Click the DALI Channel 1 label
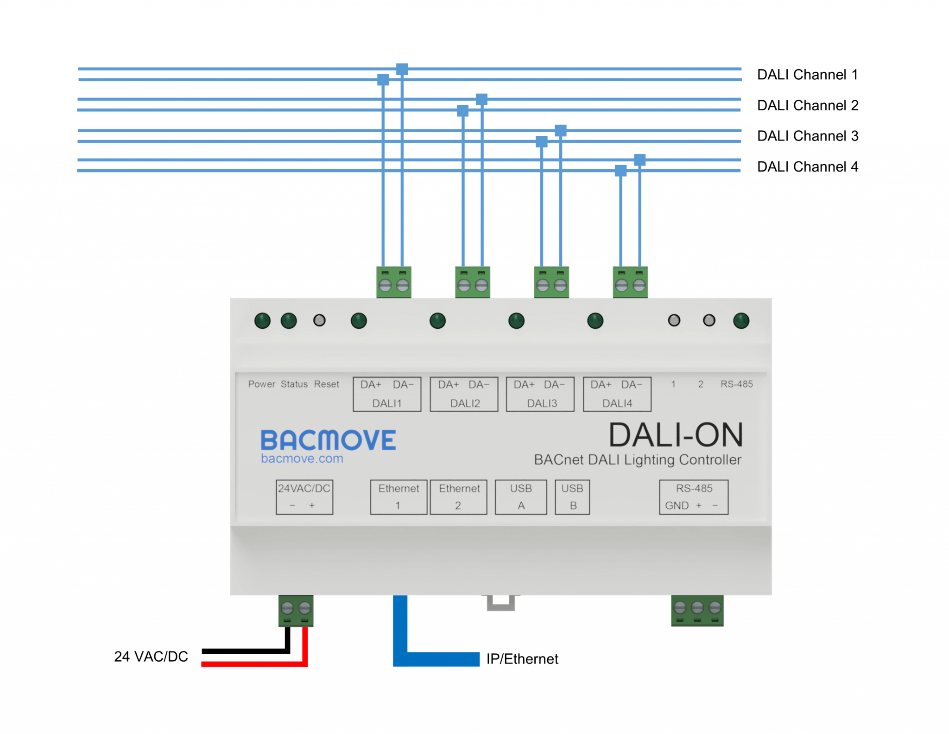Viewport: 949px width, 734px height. [807, 75]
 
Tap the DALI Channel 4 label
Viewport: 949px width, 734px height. [807, 166]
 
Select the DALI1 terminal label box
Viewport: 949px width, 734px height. [387, 394]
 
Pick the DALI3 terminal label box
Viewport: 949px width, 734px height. [540, 394]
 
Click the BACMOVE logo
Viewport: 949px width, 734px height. [328, 440]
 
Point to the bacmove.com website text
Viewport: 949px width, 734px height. [302, 459]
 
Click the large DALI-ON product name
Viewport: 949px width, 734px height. [676, 435]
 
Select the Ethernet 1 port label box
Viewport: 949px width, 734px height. [399, 497]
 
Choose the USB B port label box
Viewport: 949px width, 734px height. [572, 497]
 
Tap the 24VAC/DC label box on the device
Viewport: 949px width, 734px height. [304, 497]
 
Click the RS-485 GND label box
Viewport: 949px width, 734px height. [694, 497]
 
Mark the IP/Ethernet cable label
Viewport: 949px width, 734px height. [522, 659]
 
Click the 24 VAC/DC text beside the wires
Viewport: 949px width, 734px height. [151, 657]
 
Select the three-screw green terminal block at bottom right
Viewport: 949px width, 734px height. [697, 610]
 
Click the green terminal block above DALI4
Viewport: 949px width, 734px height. [630, 282]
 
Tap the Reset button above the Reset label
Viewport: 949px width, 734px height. [319, 320]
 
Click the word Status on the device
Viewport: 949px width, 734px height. [294, 384]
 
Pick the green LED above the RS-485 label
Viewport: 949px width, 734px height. [741, 320]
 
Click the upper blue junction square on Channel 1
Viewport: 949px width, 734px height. [402, 70]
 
